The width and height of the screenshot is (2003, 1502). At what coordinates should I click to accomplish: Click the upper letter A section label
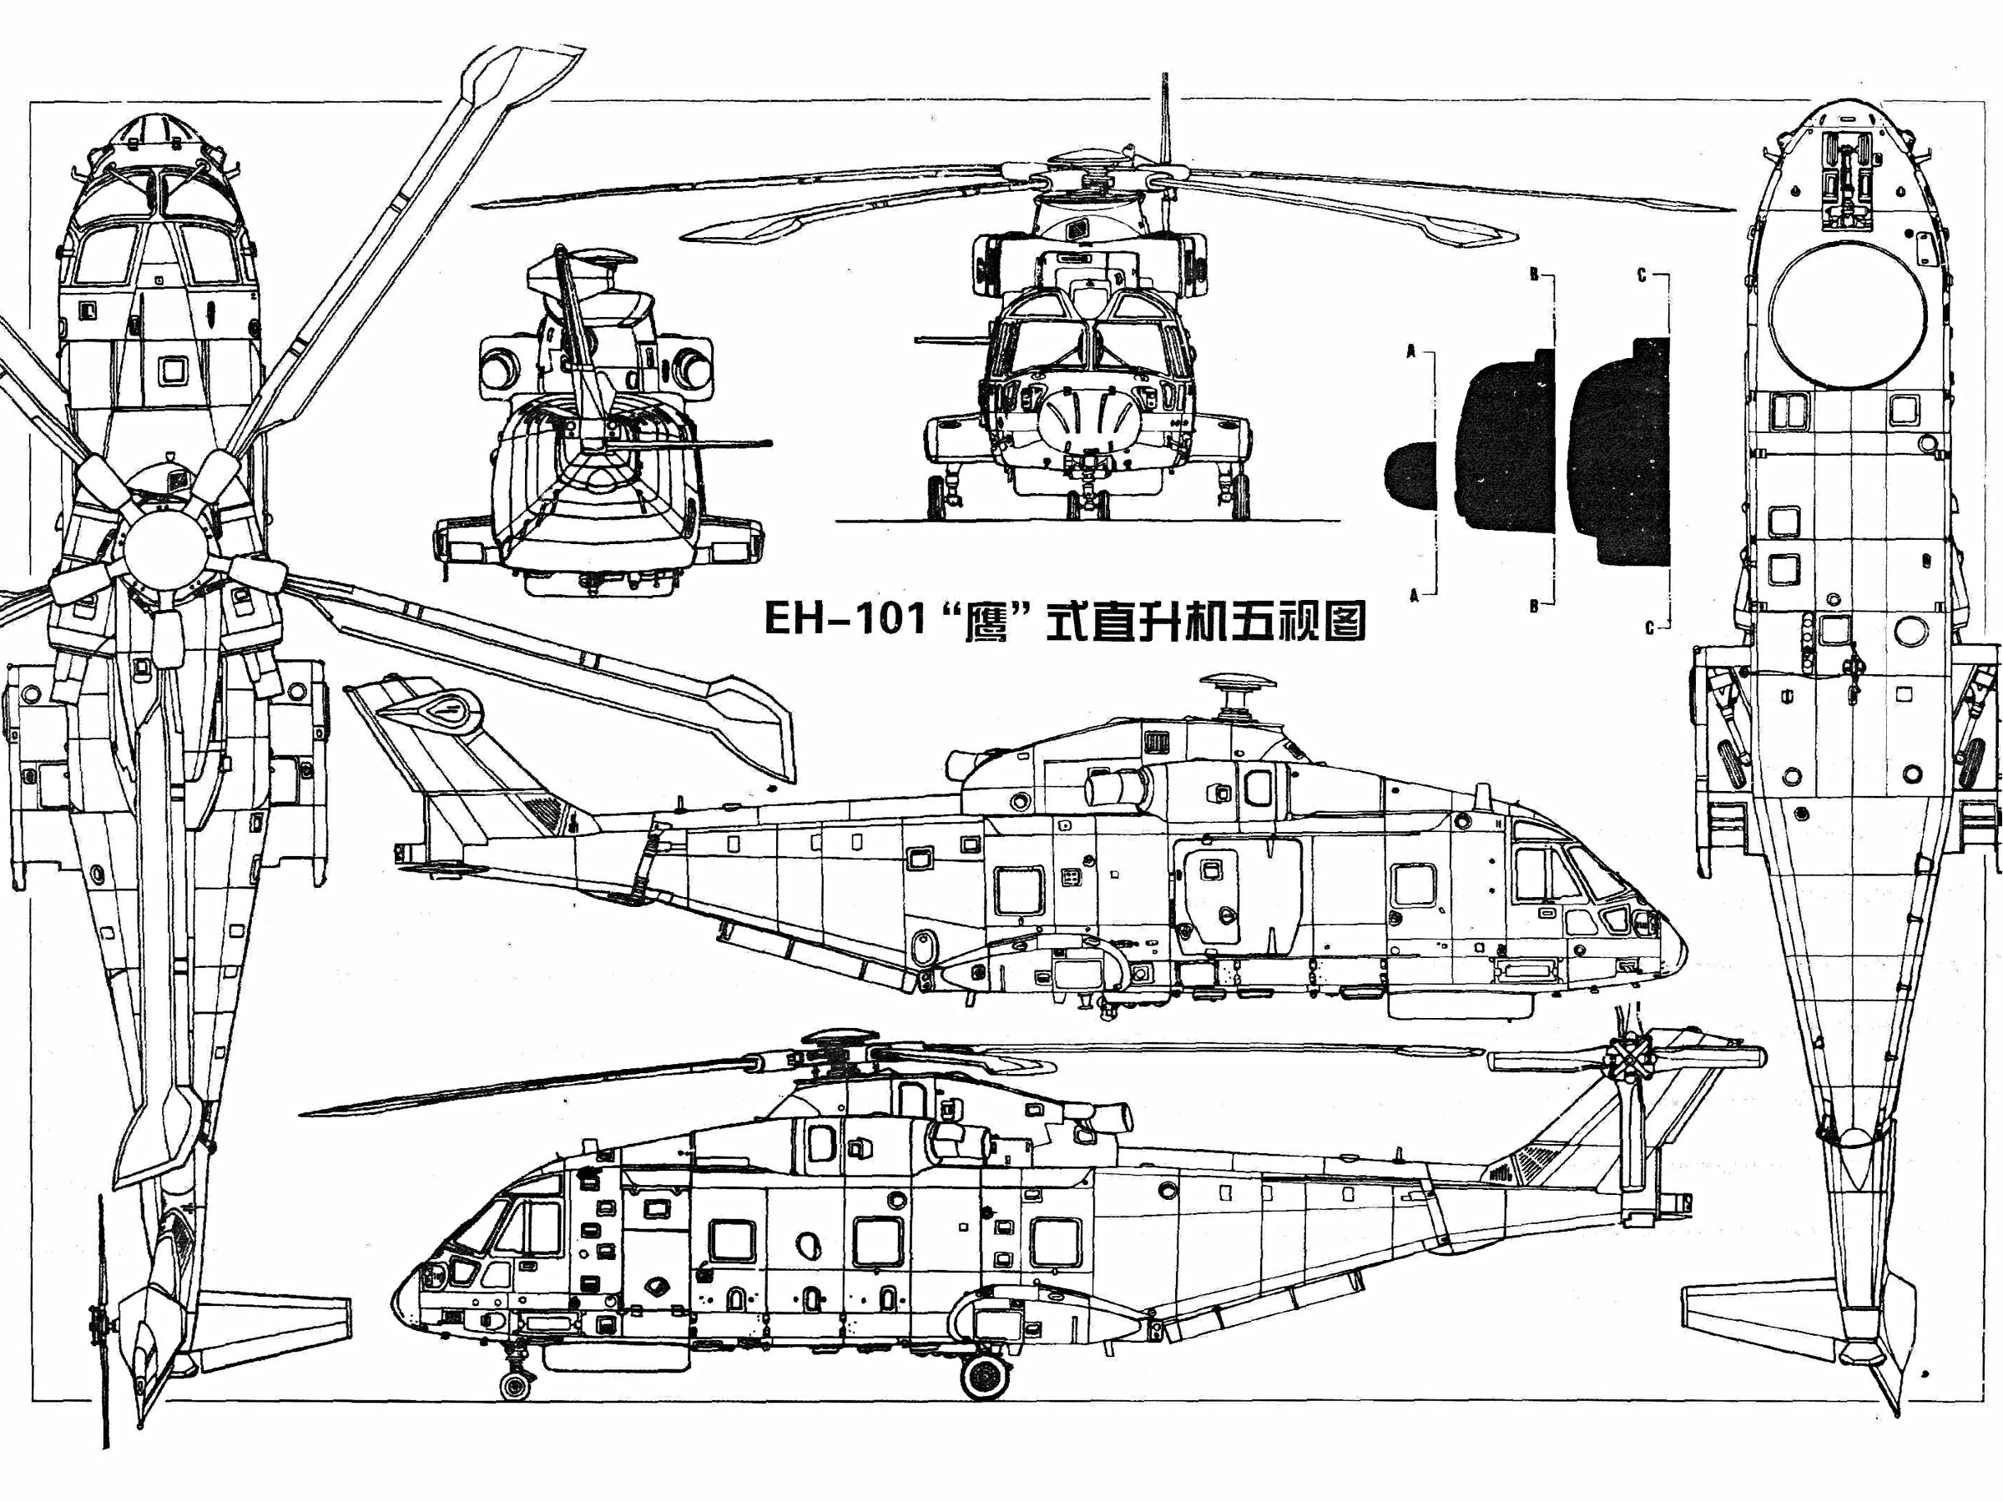click(1410, 348)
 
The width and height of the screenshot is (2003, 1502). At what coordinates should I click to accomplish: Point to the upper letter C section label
click(1641, 276)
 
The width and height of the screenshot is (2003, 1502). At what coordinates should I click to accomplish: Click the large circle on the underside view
click(1848, 312)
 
